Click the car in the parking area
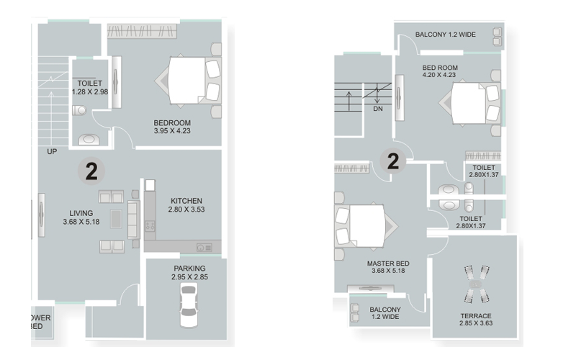[189, 305]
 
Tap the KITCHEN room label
[186, 201]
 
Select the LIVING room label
[81, 213]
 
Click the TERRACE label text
[476, 316]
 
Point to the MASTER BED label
[388, 264]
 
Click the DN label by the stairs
[378, 109]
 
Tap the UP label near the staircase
[52, 151]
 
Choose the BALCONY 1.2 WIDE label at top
[446, 35]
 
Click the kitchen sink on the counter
[204, 247]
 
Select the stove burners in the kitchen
[150, 225]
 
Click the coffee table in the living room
[116, 219]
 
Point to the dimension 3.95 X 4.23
[172, 131]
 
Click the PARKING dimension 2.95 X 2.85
[189, 277]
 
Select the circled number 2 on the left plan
[91, 171]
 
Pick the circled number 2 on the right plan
[392, 161]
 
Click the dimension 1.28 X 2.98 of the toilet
[90, 92]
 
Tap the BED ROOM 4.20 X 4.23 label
[440, 71]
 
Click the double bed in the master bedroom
[366, 225]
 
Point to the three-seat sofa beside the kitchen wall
[134, 220]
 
